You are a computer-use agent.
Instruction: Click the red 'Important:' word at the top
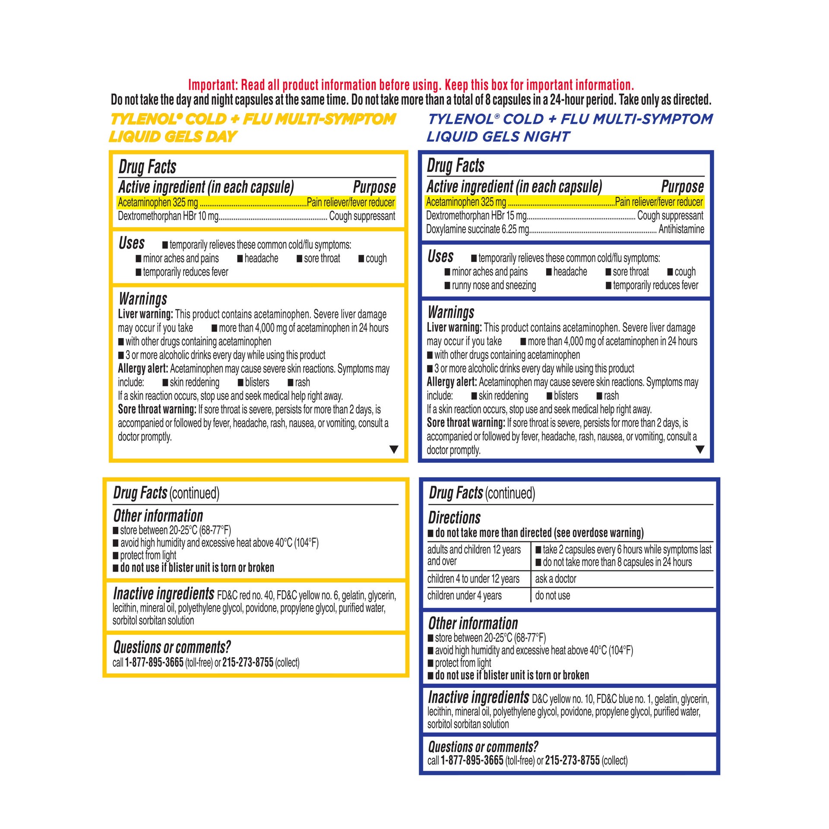[x=213, y=85]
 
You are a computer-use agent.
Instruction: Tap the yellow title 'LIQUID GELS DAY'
[x=173, y=137]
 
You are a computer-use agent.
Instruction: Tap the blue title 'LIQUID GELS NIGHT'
[x=498, y=137]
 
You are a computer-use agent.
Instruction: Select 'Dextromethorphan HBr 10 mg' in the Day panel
[x=168, y=216]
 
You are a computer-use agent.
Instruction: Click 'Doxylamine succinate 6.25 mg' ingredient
[x=478, y=229]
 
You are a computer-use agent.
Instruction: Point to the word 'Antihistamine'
[x=681, y=229]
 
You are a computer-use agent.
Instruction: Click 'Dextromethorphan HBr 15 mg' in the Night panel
[x=477, y=215]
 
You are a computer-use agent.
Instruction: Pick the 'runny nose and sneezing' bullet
[x=494, y=285]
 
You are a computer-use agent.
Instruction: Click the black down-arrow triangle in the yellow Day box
[x=394, y=449]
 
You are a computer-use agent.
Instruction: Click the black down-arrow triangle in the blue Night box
[x=700, y=449]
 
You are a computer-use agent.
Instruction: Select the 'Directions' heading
[x=454, y=518]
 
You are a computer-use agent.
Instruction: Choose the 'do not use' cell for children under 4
[x=553, y=596]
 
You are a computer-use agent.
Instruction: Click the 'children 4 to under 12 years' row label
[x=473, y=579]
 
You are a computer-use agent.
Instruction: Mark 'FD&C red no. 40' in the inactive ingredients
[x=245, y=596]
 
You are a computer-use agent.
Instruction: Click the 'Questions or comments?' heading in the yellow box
[x=172, y=647]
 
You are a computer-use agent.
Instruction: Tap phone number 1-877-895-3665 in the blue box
[x=472, y=761]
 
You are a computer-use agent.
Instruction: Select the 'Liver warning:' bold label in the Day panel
[x=146, y=314]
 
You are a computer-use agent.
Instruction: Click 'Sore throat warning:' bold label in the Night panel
[x=466, y=423]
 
